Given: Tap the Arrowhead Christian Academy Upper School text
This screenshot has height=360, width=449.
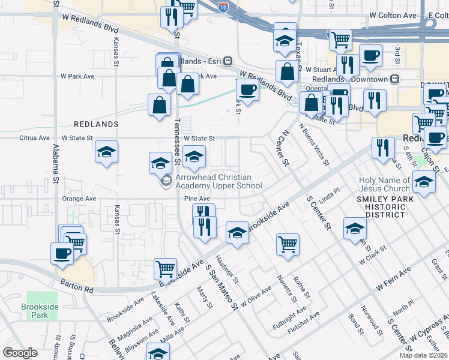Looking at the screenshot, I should coord(218,181).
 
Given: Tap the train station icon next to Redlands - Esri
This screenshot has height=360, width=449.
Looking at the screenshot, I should coord(228,61).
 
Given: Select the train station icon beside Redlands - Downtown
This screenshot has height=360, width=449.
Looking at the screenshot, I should coord(395,79).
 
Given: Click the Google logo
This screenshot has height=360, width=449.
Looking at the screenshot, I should coord(19,353).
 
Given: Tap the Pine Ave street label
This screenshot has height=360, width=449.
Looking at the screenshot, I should coord(197,199).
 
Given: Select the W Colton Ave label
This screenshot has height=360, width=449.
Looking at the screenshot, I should coord(393,14).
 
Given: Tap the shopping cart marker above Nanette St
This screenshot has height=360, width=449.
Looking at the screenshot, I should coord(288,244).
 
